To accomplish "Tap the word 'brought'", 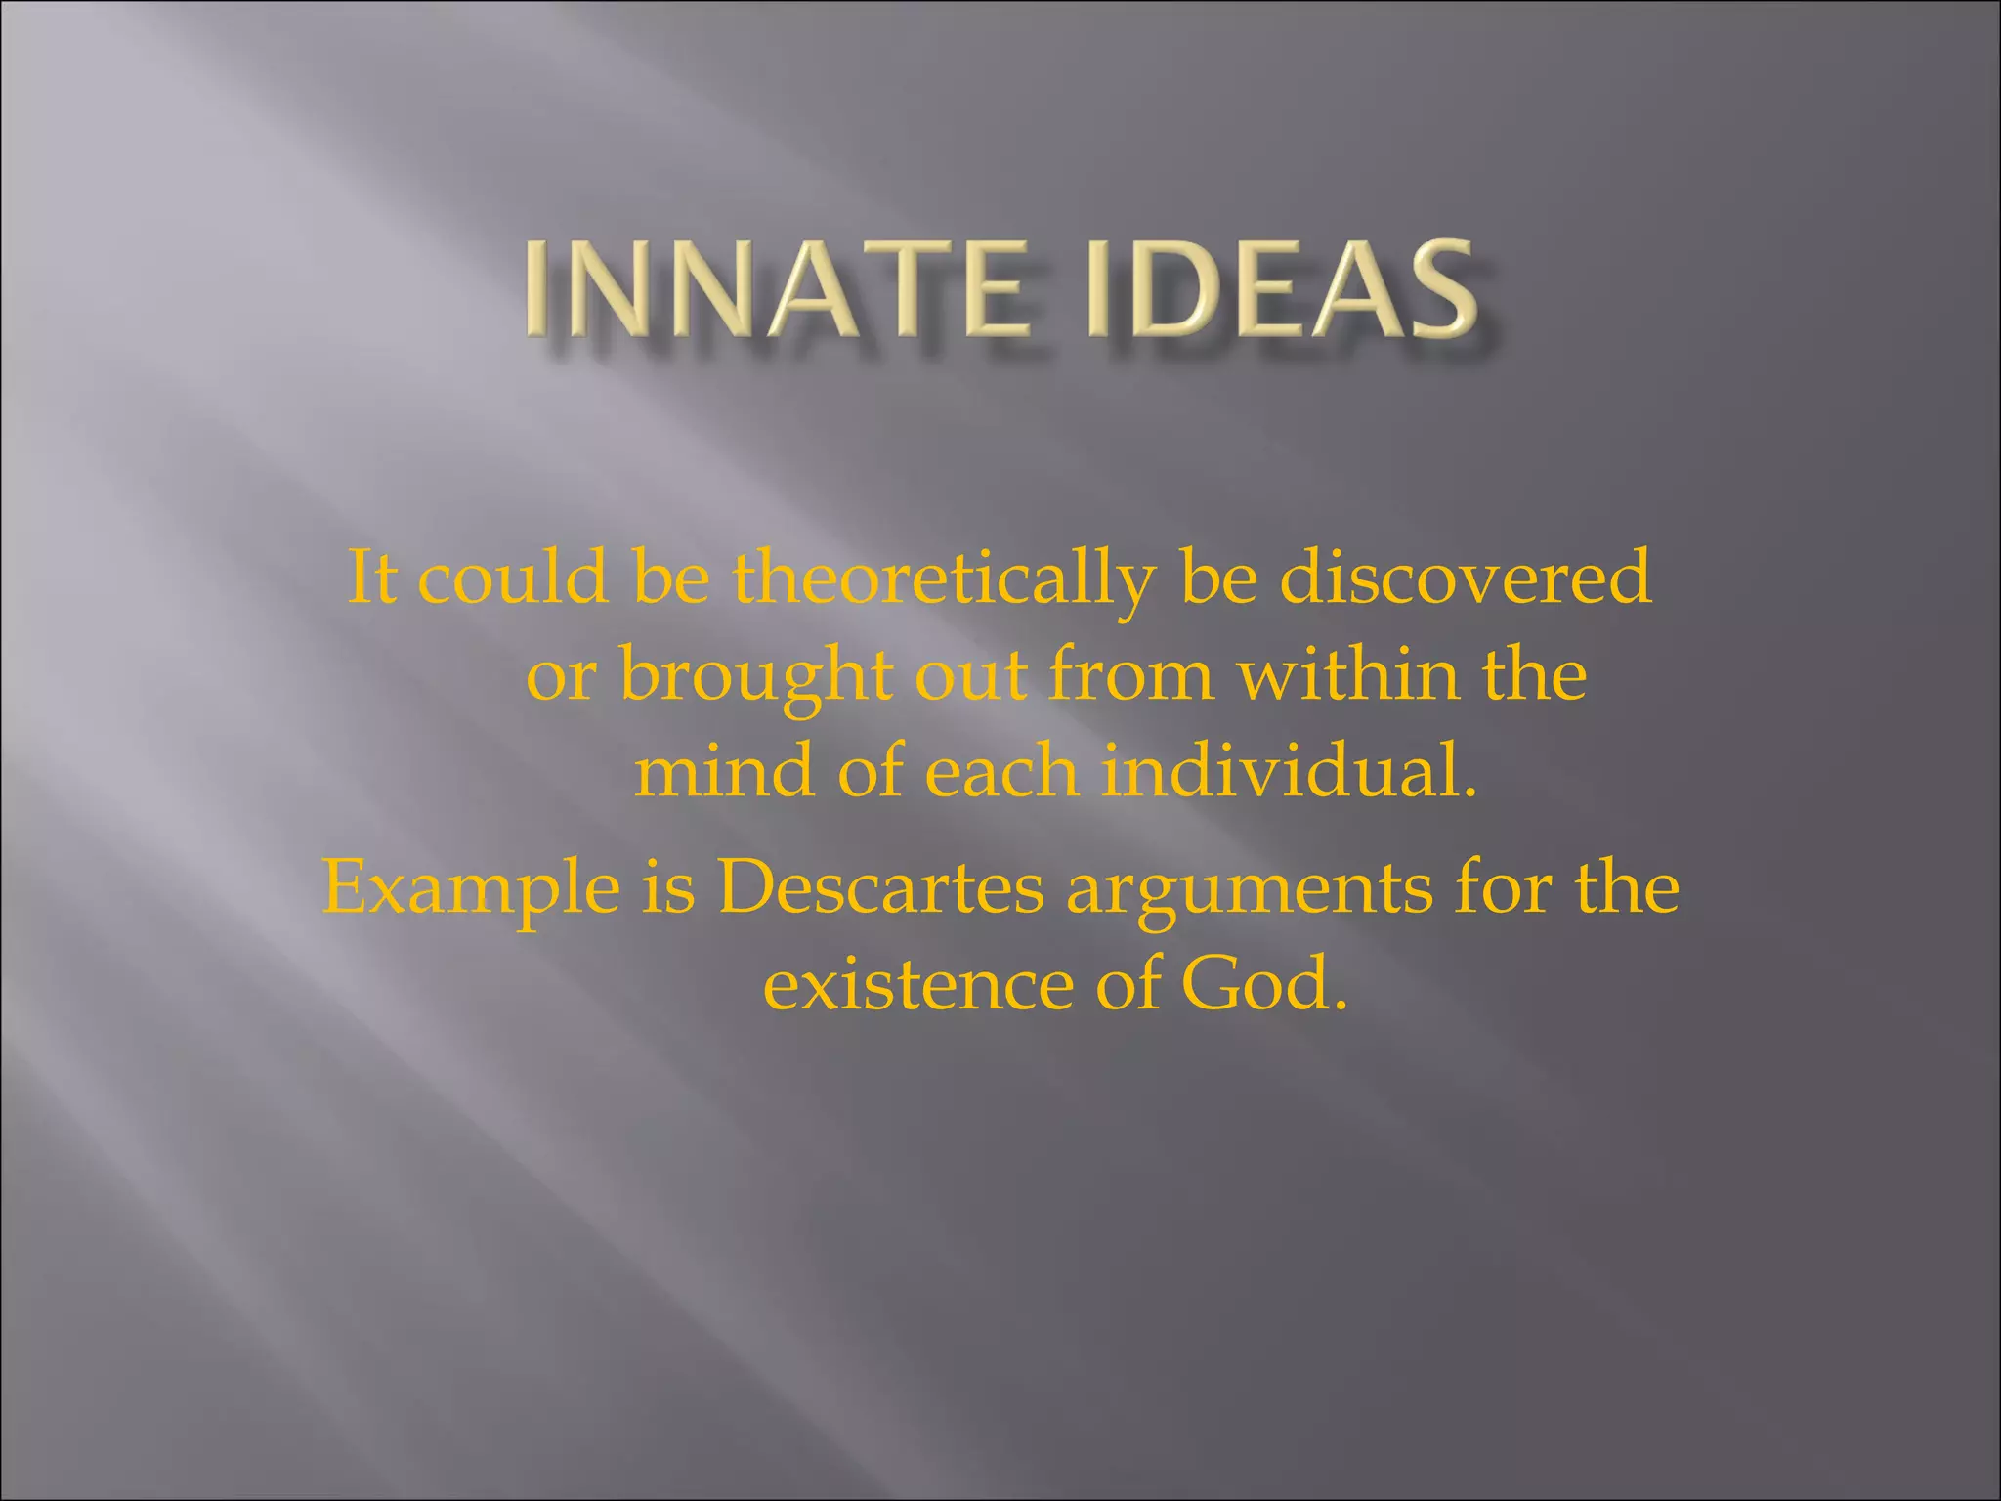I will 756,676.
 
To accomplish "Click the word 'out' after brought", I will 970,676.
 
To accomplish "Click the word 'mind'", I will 724,771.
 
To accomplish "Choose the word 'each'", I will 1001,771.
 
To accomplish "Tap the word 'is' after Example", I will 668,887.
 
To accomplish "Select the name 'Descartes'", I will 880,887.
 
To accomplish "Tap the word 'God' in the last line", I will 1255,985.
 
